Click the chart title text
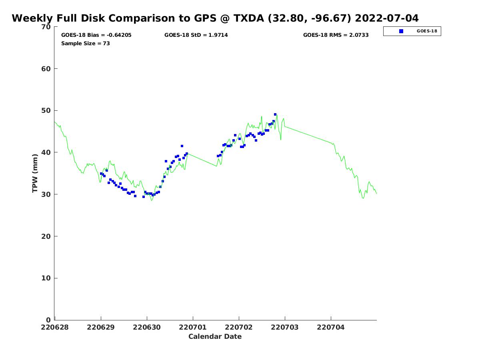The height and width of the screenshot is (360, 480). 215,18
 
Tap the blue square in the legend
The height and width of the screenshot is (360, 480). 401,31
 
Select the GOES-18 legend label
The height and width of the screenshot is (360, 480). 427,31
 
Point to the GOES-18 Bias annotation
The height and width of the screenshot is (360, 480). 96,35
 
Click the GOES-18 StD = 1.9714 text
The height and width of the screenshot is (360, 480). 196,35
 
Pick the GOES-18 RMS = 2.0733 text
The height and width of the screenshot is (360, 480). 336,35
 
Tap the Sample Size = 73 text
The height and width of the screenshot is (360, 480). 86,44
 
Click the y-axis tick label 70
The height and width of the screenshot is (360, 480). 46,27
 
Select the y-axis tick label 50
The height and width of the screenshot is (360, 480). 46,111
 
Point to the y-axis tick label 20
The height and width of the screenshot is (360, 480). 46,236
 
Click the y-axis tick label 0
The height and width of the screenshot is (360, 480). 48,320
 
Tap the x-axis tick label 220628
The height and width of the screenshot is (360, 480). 55,328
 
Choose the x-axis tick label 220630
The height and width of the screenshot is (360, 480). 147,328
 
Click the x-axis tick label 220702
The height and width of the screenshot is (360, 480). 238,328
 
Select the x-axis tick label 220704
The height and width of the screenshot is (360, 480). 331,328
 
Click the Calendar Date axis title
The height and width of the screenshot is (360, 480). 215,336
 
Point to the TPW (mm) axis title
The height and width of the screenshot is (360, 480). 35,173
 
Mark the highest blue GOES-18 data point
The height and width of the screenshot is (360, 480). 275,114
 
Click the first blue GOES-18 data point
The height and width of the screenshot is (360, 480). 101,174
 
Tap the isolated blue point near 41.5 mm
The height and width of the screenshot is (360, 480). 182,146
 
